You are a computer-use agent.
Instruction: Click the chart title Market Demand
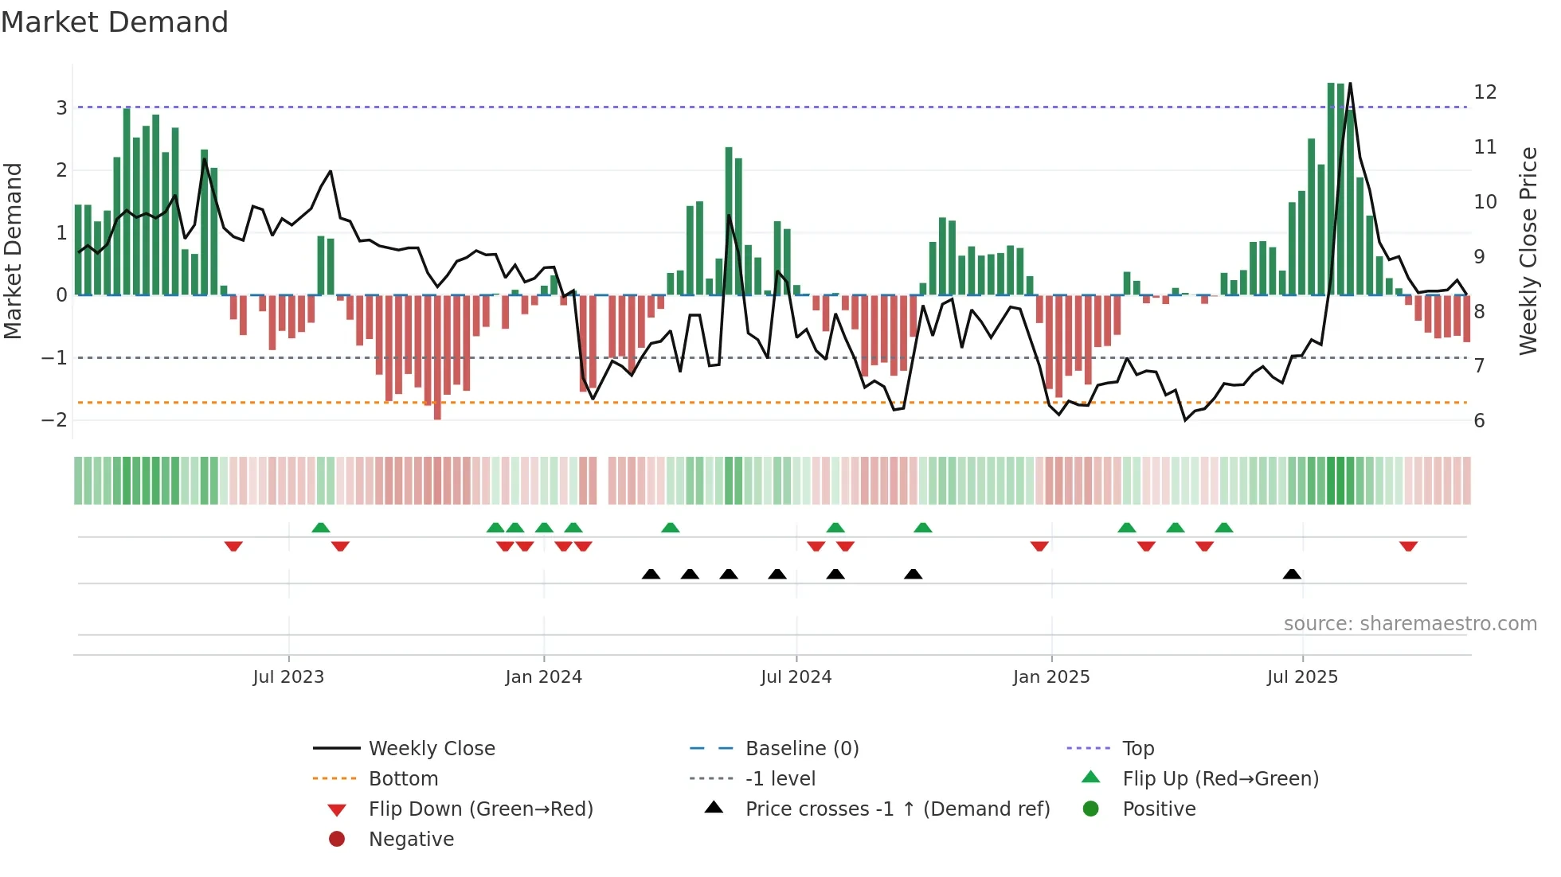[x=115, y=22]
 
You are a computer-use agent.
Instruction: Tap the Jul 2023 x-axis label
[x=288, y=677]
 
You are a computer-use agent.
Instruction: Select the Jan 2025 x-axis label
[x=1051, y=677]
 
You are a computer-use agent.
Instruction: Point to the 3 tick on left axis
[x=61, y=107]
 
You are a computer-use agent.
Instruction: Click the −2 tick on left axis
[x=55, y=420]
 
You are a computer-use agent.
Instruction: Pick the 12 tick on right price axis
[x=1485, y=92]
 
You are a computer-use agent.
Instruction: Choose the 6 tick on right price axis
[x=1479, y=421]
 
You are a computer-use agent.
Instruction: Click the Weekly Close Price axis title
[x=1528, y=251]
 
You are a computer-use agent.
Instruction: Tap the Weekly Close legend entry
[x=431, y=749]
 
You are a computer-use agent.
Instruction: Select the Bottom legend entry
[x=403, y=779]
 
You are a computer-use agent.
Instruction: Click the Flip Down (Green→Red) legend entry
[x=480, y=809]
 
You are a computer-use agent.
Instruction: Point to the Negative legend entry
[x=411, y=840]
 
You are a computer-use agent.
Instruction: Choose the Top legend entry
[x=1138, y=749]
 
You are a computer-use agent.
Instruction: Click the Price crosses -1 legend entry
[x=897, y=809]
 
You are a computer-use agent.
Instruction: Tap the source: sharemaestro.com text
[x=1410, y=624]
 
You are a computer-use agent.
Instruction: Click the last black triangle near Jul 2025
[x=1292, y=575]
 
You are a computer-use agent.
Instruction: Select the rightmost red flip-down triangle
[x=1408, y=546]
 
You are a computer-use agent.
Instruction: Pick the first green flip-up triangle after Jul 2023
[x=320, y=528]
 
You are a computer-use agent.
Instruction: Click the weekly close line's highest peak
[x=1350, y=84]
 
